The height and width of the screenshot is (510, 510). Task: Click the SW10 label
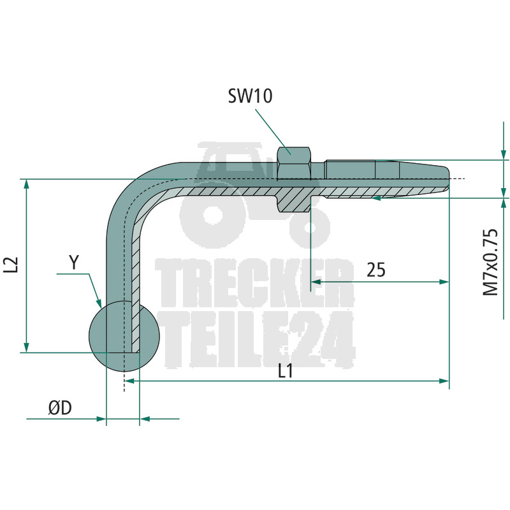coord(250,96)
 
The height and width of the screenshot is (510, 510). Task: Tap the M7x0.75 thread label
coord(490,262)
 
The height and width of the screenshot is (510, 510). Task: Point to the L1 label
coord(286,370)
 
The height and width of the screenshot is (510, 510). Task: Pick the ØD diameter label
coord(60,408)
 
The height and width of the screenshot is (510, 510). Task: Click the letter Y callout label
coord(74,262)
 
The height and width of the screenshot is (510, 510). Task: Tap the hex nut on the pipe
coord(295,163)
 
